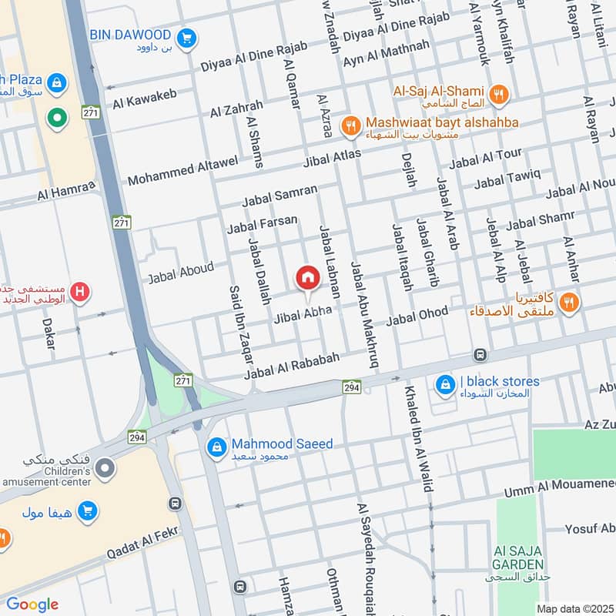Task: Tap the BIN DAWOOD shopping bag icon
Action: pos(185,36)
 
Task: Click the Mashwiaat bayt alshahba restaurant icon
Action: pos(351,125)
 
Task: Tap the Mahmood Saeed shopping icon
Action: pos(218,447)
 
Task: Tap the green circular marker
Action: pos(55,118)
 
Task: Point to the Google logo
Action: pos(32,604)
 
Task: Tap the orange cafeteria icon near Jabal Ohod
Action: pos(569,302)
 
